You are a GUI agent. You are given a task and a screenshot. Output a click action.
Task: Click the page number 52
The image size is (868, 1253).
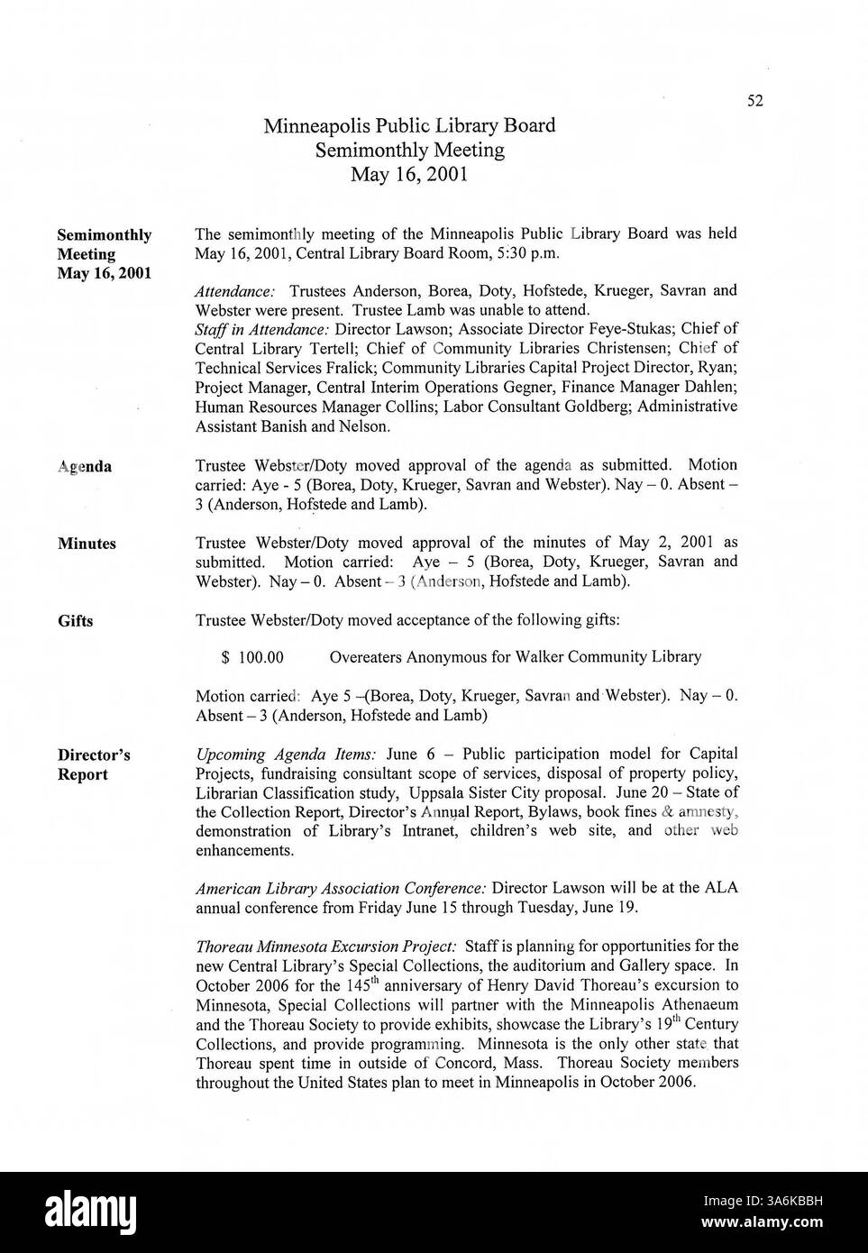pyautogui.click(x=754, y=101)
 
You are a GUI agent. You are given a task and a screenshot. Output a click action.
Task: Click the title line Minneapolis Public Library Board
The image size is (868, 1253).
pyautogui.click(x=409, y=125)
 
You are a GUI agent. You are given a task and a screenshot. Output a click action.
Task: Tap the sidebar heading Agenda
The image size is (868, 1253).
pyautogui.click(x=85, y=467)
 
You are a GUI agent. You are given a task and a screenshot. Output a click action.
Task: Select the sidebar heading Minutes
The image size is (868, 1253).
pyautogui.click(x=87, y=544)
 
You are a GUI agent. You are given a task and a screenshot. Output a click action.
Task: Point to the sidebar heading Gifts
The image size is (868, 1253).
pyautogui.click(x=76, y=621)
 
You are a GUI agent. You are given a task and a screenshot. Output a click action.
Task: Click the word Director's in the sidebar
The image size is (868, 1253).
pyautogui.click(x=94, y=755)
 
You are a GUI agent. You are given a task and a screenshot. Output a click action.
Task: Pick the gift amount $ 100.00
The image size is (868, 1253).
pyautogui.click(x=251, y=657)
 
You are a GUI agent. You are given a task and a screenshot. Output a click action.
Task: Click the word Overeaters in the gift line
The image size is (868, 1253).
pyautogui.click(x=365, y=657)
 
